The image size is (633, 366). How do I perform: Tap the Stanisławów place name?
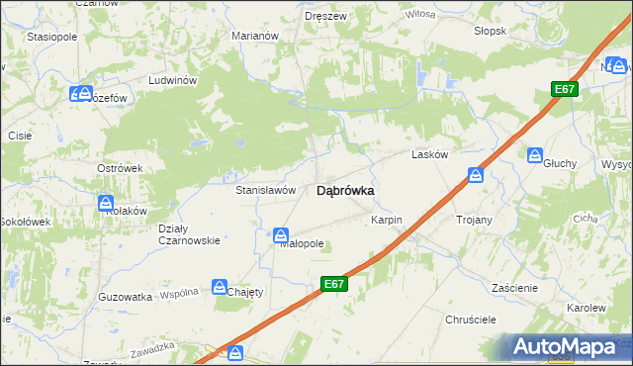(x=266, y=189)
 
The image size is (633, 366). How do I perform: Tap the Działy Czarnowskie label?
(x=189, y=234)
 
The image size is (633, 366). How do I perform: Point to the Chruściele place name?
(x=469, y=320)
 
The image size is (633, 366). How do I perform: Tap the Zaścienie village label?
(x=514, y=287)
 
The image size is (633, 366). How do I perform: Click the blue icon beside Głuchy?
(x=535, y=155)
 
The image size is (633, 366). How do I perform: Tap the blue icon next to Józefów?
(x=78, y=94)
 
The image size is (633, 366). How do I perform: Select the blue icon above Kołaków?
(x=107, y=204)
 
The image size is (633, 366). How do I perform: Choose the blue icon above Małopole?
(x=281, y=236)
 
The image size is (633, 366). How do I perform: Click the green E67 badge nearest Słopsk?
(x=564, y=90)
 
